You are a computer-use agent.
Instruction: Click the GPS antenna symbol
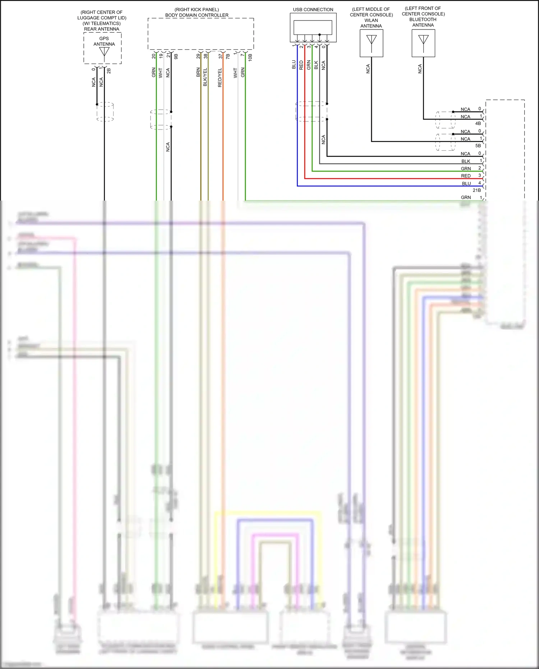click(x=104, y=52)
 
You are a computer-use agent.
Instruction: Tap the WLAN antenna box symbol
click(x=371, y=43)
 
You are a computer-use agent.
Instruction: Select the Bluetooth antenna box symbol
click(x=423, y=43)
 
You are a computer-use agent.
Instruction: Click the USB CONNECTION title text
click(x=313, y=10)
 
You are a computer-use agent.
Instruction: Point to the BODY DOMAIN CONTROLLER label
click(x=197, y=15)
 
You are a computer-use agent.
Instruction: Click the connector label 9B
click(x=176, y=56)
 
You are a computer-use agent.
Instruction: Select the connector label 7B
click(x=228, y=56)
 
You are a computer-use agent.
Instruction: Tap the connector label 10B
click(x=250, y=57)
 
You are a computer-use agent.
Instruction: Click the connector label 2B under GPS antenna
click(x=109, y=71)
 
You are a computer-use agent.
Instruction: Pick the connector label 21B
click(x=476, y=190)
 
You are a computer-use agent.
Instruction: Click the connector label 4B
click(x=478, y=123)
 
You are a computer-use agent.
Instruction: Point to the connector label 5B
click(x=478, y=146)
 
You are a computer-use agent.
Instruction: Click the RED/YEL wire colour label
click(x=220, y=77)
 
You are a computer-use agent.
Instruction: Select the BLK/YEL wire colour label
click(x=205, y=77)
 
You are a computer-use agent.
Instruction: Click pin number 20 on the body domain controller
click(x=154, y=56)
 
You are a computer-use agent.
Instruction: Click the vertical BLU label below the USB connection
click(x=294, y=65)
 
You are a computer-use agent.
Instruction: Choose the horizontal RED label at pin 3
click(x=466, y=176)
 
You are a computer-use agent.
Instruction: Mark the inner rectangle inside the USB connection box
click(x=313, y=27)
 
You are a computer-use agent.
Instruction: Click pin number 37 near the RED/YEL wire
click(x=221, y=56)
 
